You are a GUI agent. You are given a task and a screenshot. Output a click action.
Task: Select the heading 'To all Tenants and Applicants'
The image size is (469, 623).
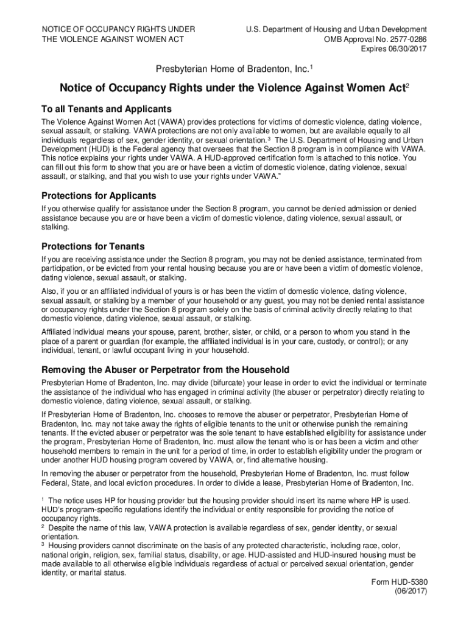(107, 109)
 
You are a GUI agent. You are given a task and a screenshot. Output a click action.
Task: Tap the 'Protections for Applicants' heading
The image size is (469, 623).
(99, 196)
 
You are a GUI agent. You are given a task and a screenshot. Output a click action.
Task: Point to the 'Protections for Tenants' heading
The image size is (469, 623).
(93, 246)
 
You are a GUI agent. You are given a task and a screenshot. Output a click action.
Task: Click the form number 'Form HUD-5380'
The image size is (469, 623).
(400, 582)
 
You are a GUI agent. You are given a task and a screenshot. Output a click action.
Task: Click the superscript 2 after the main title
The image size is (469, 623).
(407, 86)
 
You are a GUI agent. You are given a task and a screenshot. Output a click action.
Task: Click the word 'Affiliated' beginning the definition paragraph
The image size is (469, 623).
(58, 332)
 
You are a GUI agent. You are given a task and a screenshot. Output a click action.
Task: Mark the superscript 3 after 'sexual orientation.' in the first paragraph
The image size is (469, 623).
(269, 138)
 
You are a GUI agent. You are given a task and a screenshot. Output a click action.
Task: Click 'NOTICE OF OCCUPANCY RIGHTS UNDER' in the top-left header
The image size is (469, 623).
(118, 30)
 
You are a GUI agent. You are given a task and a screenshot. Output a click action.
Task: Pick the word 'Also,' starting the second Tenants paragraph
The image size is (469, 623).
(50, 291)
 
